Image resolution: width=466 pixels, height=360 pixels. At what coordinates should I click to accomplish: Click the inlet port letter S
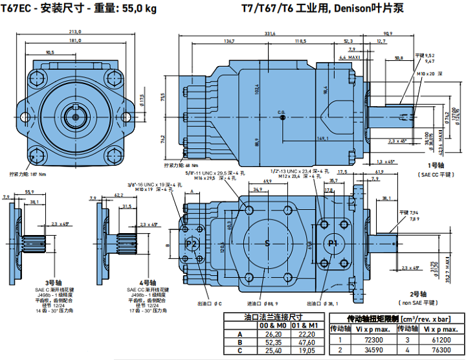coord(266,243)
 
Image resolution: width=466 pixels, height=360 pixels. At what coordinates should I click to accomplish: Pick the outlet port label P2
coord(192,243)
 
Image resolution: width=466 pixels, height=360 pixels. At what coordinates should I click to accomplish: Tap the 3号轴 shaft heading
coord(43,283)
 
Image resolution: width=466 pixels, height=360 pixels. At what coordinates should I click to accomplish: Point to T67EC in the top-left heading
coord(17,8)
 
